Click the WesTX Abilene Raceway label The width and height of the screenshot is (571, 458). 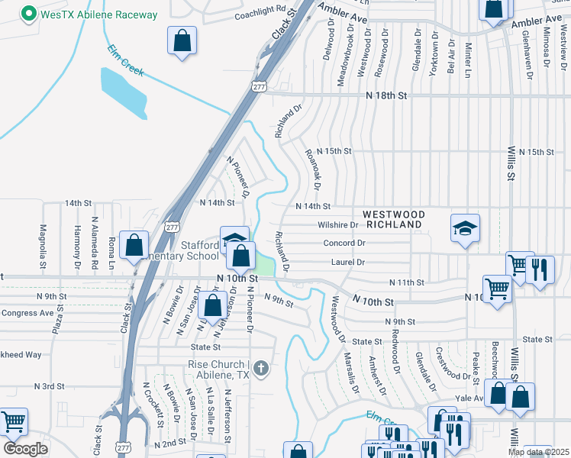pos(99,15)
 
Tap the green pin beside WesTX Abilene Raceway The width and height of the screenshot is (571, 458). pos(29,14)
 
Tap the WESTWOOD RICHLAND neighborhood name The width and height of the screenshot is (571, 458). pos(393,220)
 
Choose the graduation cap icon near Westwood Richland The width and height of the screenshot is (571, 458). pos(464,228)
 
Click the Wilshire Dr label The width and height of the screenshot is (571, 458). pos(337,225)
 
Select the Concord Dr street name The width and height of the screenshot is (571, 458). pos(344,244)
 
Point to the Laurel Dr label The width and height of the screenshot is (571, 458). pos(349,263)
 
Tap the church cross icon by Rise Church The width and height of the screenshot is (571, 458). pos(261,369)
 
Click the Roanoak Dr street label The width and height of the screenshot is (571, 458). pos(311,169)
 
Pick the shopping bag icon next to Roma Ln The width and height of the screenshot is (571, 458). pos(134,246)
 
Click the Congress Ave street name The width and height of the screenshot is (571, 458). pos(27,312)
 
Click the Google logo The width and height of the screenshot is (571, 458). pos(25,449)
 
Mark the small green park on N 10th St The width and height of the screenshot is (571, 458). pos(263,266)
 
